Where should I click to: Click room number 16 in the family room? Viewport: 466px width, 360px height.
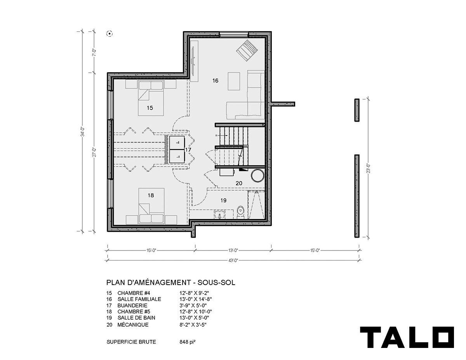pos(215,81)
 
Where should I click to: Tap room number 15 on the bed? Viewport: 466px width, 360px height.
pos(150,108)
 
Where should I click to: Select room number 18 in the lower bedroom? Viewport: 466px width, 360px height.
pos(151,195)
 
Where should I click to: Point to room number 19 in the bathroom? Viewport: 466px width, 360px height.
pos(223,200)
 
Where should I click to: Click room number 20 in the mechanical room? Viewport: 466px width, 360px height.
pos(239,183)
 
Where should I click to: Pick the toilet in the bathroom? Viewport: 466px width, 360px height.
pos(241,213)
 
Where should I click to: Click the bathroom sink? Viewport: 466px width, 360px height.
pos(219,215)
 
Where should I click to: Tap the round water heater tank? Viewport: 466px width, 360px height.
pos(257,176)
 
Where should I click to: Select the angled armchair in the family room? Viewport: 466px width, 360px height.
pos(247,51)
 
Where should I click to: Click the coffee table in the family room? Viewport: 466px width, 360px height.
pos(234,81)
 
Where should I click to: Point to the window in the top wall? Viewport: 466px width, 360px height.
pos(234,34)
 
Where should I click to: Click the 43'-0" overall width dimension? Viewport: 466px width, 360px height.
pos(233,261)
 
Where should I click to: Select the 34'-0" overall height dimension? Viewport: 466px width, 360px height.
pos(83,132)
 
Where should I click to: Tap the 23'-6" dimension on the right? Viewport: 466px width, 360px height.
pos(368,168)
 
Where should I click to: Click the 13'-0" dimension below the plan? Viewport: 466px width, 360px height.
pos(233,250)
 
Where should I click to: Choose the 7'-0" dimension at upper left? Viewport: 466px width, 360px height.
pos(94,52)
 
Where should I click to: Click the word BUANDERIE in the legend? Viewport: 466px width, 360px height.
pos(132,306)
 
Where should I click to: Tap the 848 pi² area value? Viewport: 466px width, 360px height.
pos(188,342)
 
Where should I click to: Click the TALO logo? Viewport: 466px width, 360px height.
pos(407,340)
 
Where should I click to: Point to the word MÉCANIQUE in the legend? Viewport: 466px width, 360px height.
pos(133,325)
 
